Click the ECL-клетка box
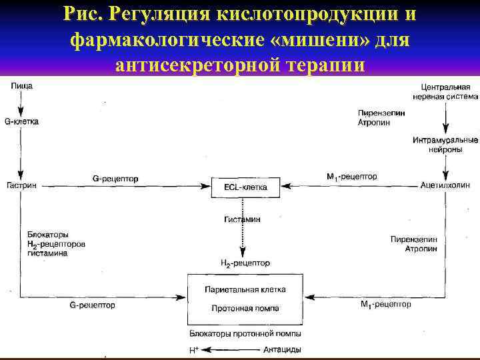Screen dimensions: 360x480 [245, 187]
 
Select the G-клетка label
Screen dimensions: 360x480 [21, 122]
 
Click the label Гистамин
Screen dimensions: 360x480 [242, 219]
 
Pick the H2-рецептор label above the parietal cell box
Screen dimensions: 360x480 [245, 263]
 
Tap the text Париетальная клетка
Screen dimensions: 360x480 [245, 290]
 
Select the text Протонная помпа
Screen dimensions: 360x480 [245, 309]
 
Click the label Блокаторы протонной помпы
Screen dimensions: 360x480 [245, 333]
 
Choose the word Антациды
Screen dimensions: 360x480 [281, 349]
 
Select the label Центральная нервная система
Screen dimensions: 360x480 [445, 92]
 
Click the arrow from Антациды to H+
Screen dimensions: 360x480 [230, 349]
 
